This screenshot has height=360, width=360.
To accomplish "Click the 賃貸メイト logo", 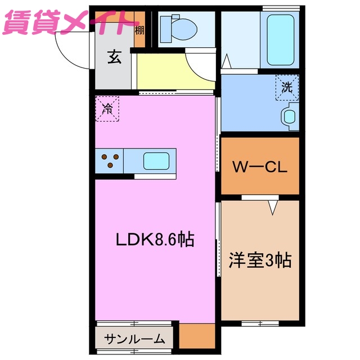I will [x=70, y=23].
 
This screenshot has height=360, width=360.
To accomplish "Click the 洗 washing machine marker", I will [x=287, y=88].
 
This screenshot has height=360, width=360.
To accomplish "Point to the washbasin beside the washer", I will [x=290, y=116].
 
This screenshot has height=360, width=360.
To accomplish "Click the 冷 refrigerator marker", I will [x=107, y=109].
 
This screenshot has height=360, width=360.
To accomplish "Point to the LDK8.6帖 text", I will [x=155, y=240].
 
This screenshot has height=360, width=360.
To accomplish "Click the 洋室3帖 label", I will [x=259, y=260].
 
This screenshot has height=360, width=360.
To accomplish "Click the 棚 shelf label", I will [x=139, y=29].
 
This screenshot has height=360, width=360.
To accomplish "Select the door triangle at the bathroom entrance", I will [x=227, y=61].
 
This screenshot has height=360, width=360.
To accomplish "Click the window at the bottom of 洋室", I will [x=260, y=323].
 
